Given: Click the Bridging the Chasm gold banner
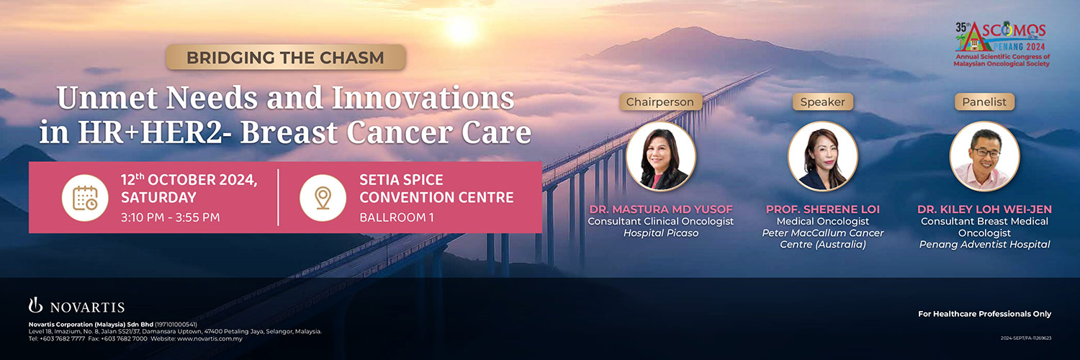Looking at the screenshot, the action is (285, 58).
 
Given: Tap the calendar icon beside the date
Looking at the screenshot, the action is (85, 198).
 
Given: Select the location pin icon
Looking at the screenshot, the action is (323, 198).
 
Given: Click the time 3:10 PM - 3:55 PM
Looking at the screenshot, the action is (170, 217).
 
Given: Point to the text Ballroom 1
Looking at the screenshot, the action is (396, 217).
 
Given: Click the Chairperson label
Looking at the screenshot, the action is (660, 102).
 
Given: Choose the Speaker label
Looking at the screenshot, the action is (822, 102).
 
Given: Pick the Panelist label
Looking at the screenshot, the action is (984, 102).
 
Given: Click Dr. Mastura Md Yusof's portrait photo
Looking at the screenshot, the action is (660, 156).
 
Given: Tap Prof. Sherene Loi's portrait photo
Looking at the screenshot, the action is (822, 156).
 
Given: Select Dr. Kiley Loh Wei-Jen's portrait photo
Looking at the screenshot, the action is (984, 156).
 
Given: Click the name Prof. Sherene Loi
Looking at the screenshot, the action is (822, 209).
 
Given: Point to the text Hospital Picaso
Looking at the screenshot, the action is (660, 233).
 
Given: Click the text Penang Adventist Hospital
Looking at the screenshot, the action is (984, 244).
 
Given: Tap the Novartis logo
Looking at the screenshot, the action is (76, 306).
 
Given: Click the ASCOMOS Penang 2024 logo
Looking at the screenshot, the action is (1002, 43).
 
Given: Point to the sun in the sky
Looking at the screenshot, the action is (462, 29).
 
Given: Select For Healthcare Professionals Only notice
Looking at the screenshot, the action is (984, 314).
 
